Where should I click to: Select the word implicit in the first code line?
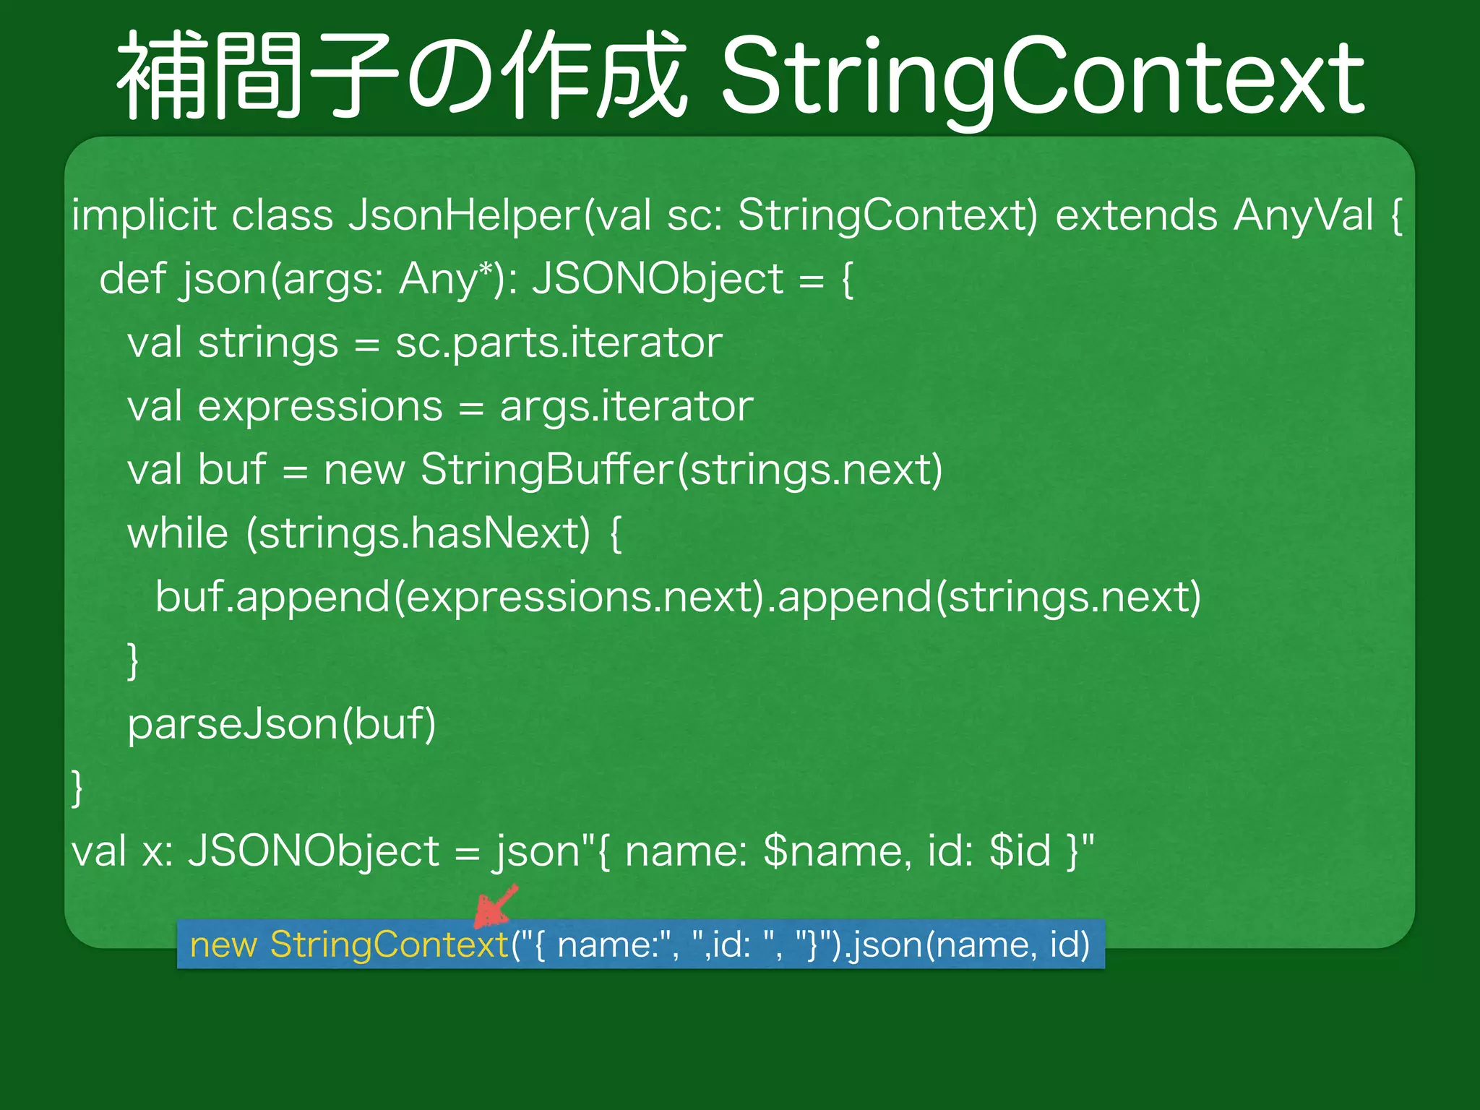144,215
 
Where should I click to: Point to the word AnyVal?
1304,215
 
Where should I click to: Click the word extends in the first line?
1136,215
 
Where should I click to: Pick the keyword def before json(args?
132,279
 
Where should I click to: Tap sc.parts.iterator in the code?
559,343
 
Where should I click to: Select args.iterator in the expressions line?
627,406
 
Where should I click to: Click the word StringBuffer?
547,470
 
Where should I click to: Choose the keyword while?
178,533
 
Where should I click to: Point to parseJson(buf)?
282,724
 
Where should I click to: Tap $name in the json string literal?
832,851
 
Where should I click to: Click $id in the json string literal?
1020,851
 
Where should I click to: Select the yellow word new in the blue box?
223,945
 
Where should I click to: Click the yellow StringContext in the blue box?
390,945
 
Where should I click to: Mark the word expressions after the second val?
320,406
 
